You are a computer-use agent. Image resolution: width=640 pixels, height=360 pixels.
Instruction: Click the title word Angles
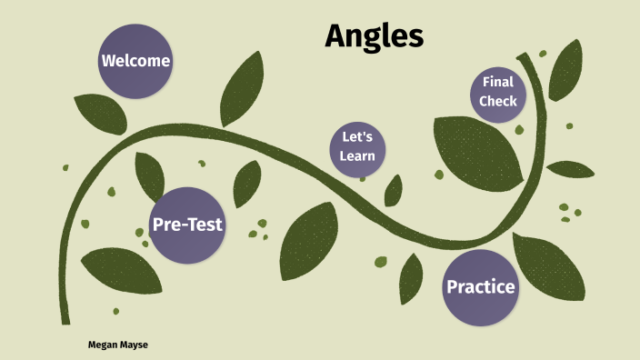click(374, 35)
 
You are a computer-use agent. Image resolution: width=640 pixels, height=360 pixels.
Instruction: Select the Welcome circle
click(135, 62)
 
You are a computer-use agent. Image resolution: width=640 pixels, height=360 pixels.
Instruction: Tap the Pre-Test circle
click(187, 225)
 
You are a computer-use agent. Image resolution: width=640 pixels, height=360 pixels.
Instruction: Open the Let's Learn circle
click(357, 147)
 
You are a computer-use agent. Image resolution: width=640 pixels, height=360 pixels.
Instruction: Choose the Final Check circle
click(498, 92)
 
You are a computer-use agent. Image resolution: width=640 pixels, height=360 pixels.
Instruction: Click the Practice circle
click(480, 287)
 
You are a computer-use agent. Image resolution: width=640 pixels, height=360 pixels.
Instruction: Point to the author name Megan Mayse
click(117, 345)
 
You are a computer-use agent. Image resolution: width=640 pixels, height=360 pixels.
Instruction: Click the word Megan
click(104, 345)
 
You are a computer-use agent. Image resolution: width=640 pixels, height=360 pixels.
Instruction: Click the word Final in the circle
click(498, 83)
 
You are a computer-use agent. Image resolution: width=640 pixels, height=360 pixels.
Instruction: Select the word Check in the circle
click(498, 101)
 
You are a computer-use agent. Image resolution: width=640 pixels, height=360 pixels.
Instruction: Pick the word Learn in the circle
click(357, 156)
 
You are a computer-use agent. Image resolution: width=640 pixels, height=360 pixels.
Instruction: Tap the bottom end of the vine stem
click(65, 318)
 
